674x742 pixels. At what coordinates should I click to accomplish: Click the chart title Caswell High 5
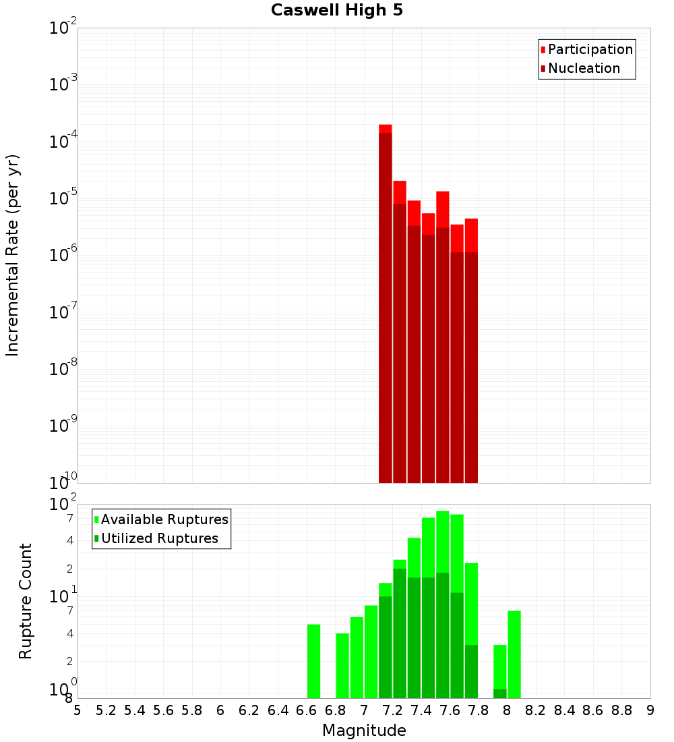(337, 11)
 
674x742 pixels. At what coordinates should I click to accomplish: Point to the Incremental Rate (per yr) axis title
(13, 256)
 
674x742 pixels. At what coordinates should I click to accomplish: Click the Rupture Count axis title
(26, 601)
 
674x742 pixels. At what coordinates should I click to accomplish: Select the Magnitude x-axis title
(364, 731)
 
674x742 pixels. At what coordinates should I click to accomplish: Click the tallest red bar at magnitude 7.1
(386, 304)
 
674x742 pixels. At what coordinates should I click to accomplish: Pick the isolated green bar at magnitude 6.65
(313, 661)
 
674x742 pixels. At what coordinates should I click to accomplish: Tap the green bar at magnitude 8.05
(514, 654)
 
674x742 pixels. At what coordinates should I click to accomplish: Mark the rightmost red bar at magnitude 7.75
(471, 351)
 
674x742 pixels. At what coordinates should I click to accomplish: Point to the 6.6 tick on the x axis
(307, 710)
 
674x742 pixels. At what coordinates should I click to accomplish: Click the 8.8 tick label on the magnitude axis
(621, 710)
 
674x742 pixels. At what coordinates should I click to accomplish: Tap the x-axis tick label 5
(78, 710)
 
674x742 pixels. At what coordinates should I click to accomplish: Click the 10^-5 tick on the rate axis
(64, 198)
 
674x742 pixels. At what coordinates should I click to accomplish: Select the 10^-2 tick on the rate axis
(64, 28)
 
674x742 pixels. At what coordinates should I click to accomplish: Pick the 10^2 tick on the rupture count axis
(64, 505)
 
